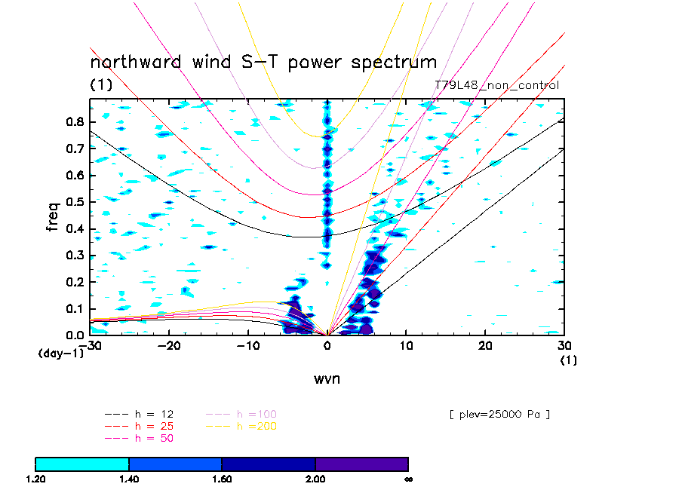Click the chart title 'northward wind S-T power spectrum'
263,62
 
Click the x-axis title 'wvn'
327,378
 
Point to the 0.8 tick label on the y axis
74,121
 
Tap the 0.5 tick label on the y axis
74,202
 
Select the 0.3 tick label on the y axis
74,256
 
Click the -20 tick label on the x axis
168,344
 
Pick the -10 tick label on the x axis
247,344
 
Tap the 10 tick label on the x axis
406,344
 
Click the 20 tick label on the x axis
485,344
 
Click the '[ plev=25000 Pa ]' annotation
499,414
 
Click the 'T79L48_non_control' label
497,85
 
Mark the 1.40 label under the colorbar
129,479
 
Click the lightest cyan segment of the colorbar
82,464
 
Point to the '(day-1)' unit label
60,353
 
